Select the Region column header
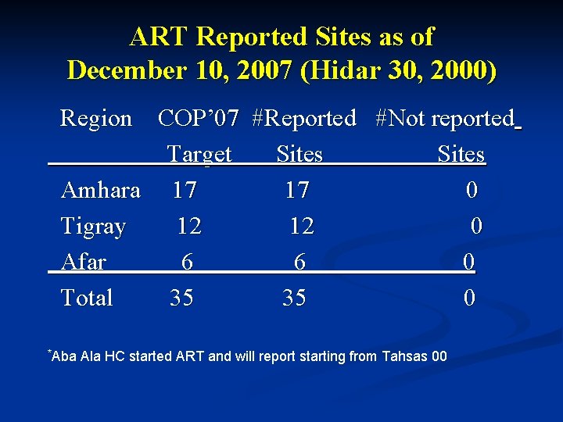tap(96, 119)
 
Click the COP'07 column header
tap(198, 119)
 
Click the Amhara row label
tap(100, 190)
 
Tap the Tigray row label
tap(93, 227)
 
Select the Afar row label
tap(83, 262)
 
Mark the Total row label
tap(87, 298)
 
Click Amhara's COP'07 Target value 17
tap(185, 190)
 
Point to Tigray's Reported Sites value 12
tap(301, 227)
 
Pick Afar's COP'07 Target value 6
tap(187, 263)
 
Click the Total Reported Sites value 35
tap(294, 298)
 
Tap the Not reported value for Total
tap(468, 298)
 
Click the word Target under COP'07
tap(199, 155)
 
